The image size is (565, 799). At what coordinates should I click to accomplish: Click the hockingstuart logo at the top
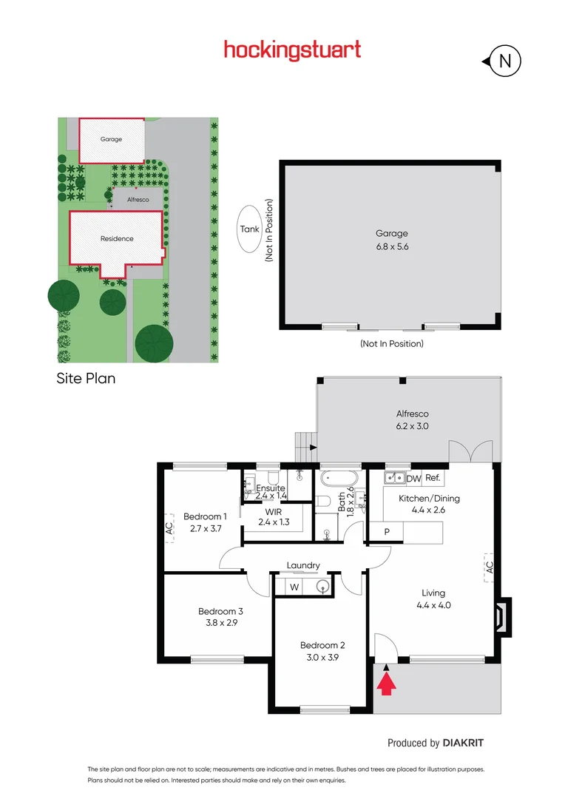click(292, 50)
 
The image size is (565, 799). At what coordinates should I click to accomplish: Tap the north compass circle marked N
click(506, 61)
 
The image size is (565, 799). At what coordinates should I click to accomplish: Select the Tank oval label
click(250, 229)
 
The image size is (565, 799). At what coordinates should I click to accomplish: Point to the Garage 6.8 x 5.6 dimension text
click(391, 240)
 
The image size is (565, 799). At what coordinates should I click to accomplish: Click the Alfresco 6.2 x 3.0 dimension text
click(412, 420)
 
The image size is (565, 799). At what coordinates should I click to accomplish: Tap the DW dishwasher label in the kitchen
click(413, 479)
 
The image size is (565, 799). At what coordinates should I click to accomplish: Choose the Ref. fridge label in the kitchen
click(433, 479)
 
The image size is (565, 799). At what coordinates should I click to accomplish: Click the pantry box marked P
click(386, 532)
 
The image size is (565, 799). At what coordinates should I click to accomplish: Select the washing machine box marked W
click(294, 587)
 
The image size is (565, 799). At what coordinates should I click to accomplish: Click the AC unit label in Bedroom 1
click(169, 528)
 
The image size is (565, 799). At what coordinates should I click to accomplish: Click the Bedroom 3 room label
click(220, 617)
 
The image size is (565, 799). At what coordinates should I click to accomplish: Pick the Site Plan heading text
click(86, 379)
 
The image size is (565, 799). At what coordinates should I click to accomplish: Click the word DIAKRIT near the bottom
click(463, 743)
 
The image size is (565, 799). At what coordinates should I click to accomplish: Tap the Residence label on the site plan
click(117, 238)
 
